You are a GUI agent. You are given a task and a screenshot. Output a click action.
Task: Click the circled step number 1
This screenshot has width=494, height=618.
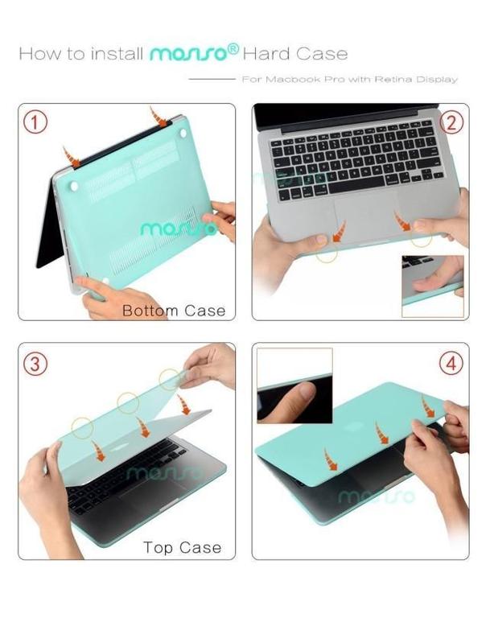[35, 122]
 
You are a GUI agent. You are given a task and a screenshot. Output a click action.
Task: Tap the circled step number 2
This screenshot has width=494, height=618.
[451, 122]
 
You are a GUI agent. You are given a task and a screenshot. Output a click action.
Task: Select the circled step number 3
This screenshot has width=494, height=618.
[35, 363]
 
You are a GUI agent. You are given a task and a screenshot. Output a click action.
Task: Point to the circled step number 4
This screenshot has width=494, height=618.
[451, 363]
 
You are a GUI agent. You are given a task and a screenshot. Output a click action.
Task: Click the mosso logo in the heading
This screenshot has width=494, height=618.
[194, 52]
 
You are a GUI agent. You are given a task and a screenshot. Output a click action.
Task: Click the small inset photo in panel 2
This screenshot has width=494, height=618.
[433, 286]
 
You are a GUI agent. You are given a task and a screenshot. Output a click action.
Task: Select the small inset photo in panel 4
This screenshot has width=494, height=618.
[294, 385]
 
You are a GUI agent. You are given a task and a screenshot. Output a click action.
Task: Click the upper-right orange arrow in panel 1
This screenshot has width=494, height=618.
[158, 117]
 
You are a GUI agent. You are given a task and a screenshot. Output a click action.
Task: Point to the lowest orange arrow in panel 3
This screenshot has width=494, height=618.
[98, 451]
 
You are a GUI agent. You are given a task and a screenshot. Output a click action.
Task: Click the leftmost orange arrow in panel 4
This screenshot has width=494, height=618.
[331, 459]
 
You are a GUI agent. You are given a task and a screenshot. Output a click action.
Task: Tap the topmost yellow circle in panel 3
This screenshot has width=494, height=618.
[170, 380]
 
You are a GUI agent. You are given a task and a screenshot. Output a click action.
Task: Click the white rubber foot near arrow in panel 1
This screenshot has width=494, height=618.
[183, 134]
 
